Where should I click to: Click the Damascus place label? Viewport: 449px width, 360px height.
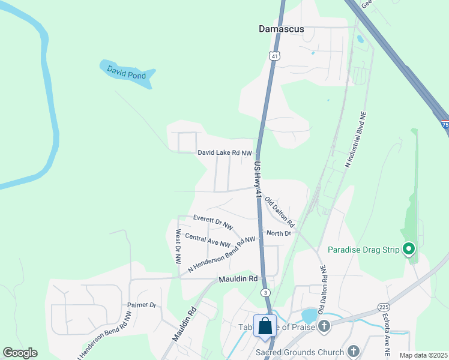point(281,29)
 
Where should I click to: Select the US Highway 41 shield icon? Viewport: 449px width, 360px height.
point(274,56)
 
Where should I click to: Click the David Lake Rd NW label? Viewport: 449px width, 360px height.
point(225,153)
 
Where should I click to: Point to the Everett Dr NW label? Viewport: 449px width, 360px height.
point(212,222)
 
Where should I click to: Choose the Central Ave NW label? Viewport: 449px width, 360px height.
point(208,239)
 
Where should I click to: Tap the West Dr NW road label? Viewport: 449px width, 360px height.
point(178,247)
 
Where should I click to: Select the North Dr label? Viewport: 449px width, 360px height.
point(279,233)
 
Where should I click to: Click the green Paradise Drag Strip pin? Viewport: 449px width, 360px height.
point(409,248)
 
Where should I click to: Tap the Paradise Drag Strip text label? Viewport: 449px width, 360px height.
point(364,250)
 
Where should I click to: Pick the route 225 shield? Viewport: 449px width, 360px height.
point(384,307)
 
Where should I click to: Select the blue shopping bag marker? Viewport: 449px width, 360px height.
point(265,327)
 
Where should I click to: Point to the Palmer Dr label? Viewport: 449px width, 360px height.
point(142,305)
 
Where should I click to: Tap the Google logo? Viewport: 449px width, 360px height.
point(20,353)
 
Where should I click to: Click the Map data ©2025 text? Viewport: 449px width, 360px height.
point(423,355)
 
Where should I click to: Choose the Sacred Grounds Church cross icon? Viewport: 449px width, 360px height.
point(354,352)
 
